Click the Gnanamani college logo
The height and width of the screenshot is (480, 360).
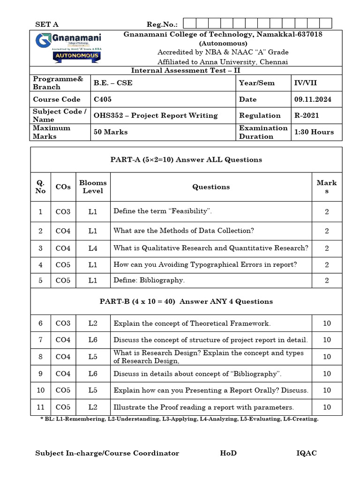pyautogui.click(x=68, y=48)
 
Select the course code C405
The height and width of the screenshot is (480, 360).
pyautogui.click(x=103, y=99)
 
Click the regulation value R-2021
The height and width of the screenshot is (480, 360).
pyautogui.click(x=308, y=115)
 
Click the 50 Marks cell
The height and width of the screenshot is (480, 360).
pyautogui.click(x=111, y=132)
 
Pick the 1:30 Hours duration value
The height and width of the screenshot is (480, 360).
pyautogui.click(x=314, y=132)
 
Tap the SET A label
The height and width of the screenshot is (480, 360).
pyautogui.click(x=47, y=24)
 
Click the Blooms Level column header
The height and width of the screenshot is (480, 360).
pyautogui.click(x=93, y=187)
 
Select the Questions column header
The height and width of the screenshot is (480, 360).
pyautogui.click(x=211, y=187)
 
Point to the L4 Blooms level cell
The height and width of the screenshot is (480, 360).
pyautogui.click(x=93, y=248)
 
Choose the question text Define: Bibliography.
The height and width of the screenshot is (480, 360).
pyautogui.click(x=149, y=280)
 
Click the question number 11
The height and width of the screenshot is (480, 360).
pyautogui.click(x=41, y=407)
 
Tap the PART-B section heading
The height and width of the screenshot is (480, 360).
pyautogui.click(x=186, y=301)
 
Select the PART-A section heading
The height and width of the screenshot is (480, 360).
pyautogui.click(x=186, y=160)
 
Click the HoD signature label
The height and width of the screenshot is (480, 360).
pyautogui.click(x=228, y=453)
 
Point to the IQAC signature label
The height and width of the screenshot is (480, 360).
pyautogui.click(x=307, y=453)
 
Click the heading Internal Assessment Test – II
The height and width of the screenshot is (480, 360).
pyautogui.click(x=186, y=70)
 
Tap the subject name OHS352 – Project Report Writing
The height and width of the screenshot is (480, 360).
pyautogui.click(x=156, y=115)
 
